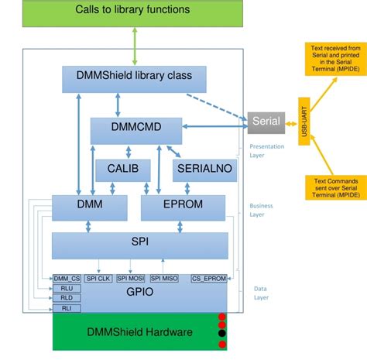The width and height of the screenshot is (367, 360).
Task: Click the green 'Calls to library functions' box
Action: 132,11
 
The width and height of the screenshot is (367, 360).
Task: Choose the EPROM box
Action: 183,207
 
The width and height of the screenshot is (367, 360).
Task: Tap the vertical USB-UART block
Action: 305,122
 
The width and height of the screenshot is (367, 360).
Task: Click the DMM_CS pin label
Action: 67,277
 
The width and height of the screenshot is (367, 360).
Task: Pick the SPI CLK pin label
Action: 98,277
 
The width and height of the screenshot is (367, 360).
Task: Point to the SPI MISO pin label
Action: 164,277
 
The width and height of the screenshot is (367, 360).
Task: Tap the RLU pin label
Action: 67,286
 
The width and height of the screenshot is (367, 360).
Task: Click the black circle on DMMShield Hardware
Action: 222,334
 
